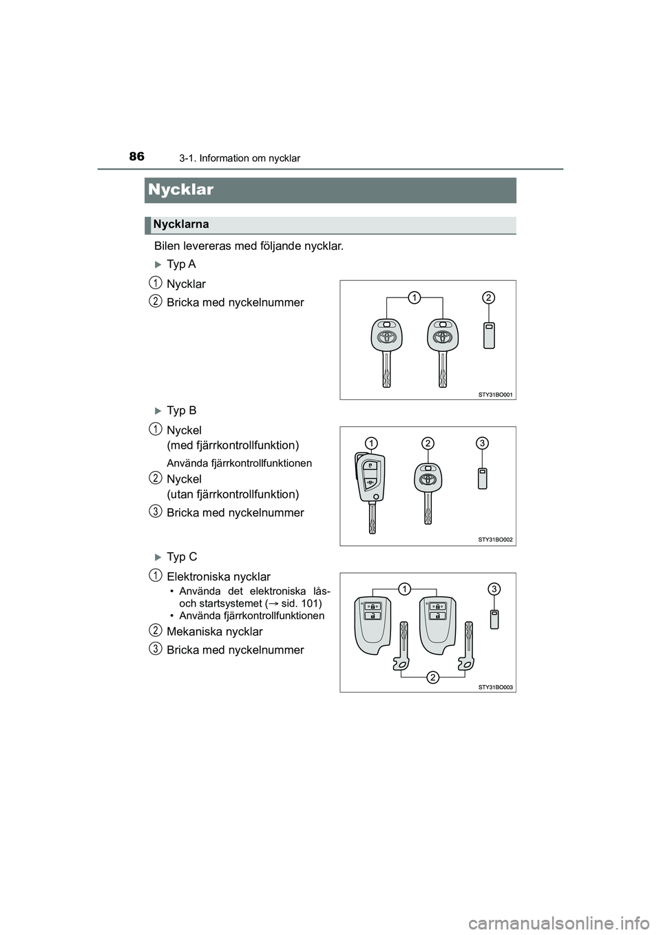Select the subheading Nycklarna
181,224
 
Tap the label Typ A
181,264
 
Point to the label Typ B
181,410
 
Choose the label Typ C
182,556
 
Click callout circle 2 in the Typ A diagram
487,297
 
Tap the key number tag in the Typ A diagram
489,335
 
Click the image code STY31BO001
496,395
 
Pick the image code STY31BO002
496,540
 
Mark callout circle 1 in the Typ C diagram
404,588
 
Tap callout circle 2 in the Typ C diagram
432,678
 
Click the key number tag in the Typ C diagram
494,619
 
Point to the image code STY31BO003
496,686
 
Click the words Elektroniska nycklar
218,576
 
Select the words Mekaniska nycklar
214,631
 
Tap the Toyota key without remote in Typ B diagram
428,489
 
